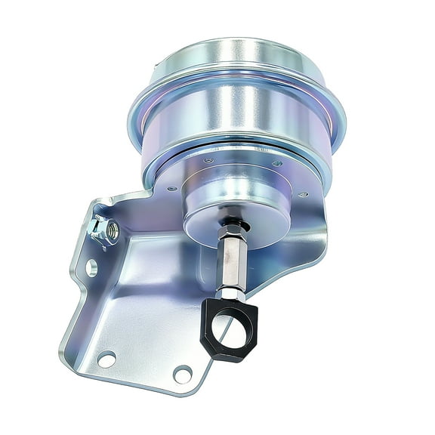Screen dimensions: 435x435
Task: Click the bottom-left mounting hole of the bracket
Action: coord(106,359)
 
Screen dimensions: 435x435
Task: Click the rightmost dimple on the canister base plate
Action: coord(303,195)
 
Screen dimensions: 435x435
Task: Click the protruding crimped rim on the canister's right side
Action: coord(338,121)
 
